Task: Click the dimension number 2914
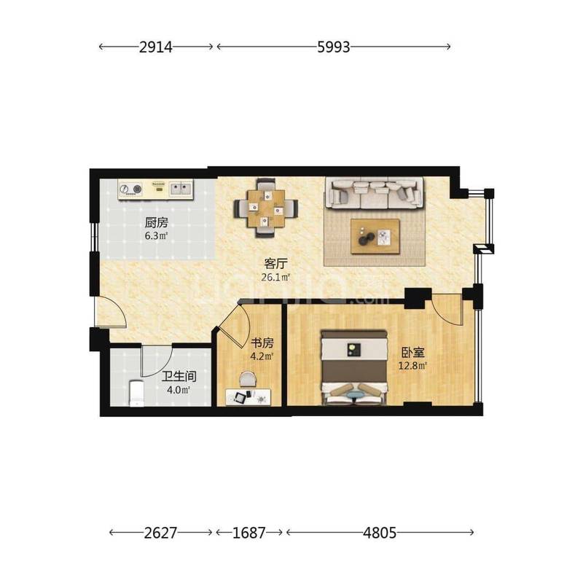pos(156,47)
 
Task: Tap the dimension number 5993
pos(334,47)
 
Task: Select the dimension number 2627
pos(160,533)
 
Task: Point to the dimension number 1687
pos(249,533)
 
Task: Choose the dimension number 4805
pos(380,533)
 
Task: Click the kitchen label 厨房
pos(156,223)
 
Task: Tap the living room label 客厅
pos(276,264)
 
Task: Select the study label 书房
pos(262,343)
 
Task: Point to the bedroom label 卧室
pos(412,352)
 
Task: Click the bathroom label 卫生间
pos(179,377)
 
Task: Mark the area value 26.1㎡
pos(275,277)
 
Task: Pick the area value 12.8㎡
pos(412,366)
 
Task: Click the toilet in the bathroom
pos(136,393)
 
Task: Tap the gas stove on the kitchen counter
pos(130,189)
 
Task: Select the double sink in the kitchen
pos(181,189)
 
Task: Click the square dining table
pos(266,208)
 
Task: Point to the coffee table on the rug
pos(375,236)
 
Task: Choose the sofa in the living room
pos(375,192)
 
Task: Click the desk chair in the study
pos(248,379)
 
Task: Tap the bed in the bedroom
pos(354,368)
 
